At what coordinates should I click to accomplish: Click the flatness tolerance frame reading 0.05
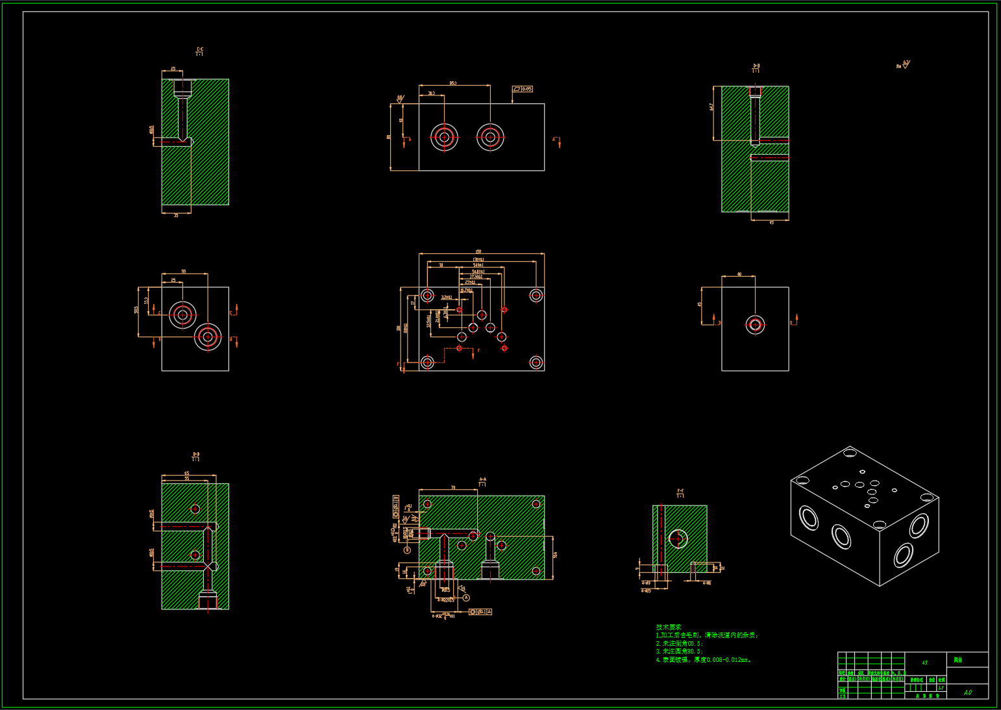[x=523, y=89]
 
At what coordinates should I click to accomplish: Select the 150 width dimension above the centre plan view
[x=478, y=251]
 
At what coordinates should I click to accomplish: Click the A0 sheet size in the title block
[x=967, y=692]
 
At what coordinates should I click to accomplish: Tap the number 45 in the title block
[x=924, y=663]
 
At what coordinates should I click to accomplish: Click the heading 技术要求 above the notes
[x=669, y=627]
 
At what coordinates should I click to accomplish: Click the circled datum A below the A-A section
[x=466, y=598]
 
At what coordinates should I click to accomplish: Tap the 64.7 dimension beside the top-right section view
[x=712, y=107]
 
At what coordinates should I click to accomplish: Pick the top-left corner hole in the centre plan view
[x=427, y=296]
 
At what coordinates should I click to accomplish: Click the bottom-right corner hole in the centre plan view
[x=536, y=362]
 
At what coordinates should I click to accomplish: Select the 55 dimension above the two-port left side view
[x=184, y=272]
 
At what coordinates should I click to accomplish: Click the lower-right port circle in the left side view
[x=208, y=336]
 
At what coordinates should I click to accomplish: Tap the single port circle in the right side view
[x=755, y=325]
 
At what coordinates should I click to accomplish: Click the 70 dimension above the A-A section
[x=453, y=487]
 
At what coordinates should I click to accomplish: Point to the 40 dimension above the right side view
[x=739, y=274]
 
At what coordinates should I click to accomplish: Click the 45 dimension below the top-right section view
[x=771, y=223]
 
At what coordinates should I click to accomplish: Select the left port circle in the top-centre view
[x=444, y=137]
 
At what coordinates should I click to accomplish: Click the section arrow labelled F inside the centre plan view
[x=478, y=351]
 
